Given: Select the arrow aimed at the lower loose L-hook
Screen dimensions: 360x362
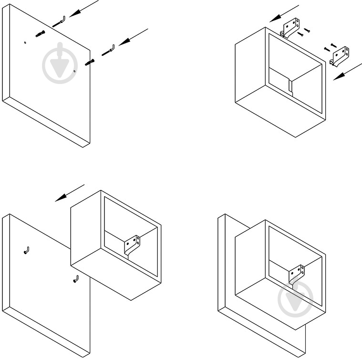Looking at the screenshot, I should click(x=134, y=37).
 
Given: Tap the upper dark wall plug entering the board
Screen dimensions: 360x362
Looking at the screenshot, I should click(x=40, y=33).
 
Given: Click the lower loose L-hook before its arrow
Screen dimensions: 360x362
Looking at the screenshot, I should click(x=108, y=50).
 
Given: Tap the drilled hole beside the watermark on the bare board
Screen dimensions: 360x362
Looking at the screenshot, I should click(x=74, y=72).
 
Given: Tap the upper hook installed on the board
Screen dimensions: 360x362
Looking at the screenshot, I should click(x=26, y=251).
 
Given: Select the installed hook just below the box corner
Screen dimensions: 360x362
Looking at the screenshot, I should click(x=75, y=279).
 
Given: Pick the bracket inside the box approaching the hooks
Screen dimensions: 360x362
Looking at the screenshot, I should click(x=133, y=243).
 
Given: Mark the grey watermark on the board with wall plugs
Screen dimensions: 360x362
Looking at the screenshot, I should click(x=60, y=62).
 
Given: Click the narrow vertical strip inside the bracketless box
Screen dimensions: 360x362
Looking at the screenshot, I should click(x=290, y=86).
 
